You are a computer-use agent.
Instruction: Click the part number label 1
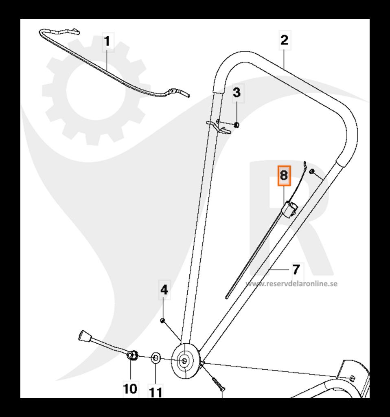point(107,42)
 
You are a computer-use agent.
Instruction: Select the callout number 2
point(284,40)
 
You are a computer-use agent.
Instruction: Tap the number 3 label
point(237,92)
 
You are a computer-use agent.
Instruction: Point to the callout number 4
point(164,290)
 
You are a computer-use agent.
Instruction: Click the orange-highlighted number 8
point(284,176)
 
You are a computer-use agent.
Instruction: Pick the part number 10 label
point(130,388)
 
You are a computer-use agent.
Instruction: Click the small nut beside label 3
point(237,125)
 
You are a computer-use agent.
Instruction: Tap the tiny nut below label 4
point(162,321)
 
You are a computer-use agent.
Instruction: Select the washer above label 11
point(156,359)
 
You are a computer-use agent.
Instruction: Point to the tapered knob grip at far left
point(83,337)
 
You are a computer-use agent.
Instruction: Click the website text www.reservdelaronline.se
point(291,284)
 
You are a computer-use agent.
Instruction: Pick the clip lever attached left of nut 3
point(220,127)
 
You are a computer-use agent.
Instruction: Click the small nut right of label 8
point(312,171)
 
